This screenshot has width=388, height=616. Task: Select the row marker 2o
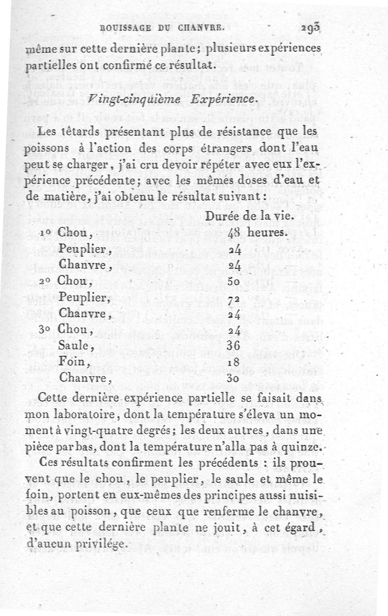pyautogui.click(x=47, y=281)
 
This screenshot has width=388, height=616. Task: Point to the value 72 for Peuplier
pyautogui.click(x=234, y=298)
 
